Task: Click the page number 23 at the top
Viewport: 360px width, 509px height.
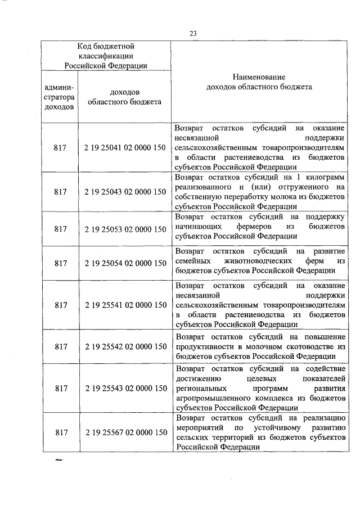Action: point(192,33)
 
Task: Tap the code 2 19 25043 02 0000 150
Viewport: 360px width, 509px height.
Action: point(125,191)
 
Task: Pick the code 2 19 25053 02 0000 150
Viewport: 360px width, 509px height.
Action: point(125,229)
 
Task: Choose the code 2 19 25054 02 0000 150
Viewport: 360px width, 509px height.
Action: point(125,263)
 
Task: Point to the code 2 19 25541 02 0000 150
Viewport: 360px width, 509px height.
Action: point(125,305)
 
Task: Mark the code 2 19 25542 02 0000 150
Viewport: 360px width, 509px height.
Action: point(125,348)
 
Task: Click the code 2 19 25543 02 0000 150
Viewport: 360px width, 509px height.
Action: point(125,388)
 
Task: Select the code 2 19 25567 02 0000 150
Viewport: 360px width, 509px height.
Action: point(125,432)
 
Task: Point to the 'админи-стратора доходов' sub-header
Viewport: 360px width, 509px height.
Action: point(58,96)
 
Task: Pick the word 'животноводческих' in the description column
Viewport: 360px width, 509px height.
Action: point(259,262)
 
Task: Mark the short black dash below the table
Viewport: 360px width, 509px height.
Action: point(57,461)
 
